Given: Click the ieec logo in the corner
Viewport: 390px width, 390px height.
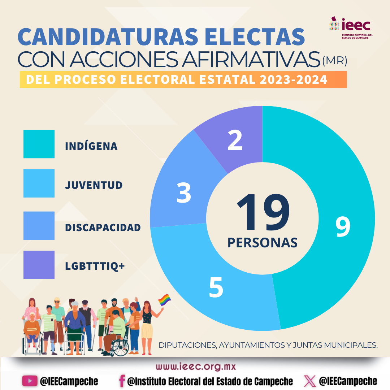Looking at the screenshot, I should pos(351,27).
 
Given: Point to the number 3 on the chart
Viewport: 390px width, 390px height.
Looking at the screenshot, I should pos(184,192).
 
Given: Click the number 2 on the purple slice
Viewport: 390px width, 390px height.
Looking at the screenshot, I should pos(235,140).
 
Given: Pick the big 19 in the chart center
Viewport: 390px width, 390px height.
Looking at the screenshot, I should pos(263,213).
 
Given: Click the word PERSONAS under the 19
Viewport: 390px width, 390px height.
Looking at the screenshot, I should pos(263,243).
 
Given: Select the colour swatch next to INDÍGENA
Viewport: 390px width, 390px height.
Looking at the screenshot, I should pos(39,144).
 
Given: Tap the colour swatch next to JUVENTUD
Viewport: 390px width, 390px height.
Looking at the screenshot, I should pos(39,183).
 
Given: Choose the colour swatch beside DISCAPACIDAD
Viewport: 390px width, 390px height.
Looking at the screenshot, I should pos(39,226).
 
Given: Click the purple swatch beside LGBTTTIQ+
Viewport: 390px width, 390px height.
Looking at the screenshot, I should pos(39,265).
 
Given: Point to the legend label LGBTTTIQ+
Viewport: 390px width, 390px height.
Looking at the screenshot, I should pos(95,266).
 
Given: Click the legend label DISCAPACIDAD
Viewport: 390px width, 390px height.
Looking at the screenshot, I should pos(103,227).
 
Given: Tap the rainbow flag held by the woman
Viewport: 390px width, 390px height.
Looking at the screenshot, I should pos(164,300).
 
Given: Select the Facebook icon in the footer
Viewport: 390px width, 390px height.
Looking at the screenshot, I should pos(122,381).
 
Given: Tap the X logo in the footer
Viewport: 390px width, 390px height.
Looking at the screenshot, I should pos(309,381).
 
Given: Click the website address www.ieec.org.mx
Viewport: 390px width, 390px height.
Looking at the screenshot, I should pos(196,367).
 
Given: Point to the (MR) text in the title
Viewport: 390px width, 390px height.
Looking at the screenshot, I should pos(334,61).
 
